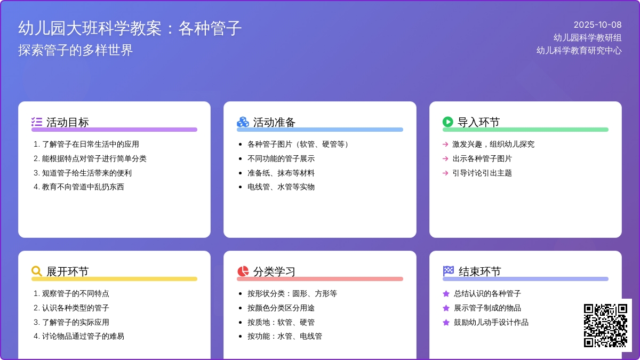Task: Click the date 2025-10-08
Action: pyautogui.click(x=597, y=25)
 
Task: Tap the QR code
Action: pyautogui.click(x=605, y=325)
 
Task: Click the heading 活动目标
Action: pyautogui.click(x=68, y=122)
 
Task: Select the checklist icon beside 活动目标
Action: pyautogui.click(x=37, y=122)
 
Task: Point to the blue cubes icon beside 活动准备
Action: pyautogui.click(x=243, y=122)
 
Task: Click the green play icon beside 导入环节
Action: pyautogui.click(x=448, y=122)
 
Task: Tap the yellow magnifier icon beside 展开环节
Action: pyautogui.click(x=37, y=271)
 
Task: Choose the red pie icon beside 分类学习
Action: pyautogui.click(x=243, y=271)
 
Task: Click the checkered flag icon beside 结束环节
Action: pyautogui.click(x=448, y=271)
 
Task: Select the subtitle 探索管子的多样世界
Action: pyautogui.click(x=75, y=50)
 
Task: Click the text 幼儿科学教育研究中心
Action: pyautogui.click(x=579, y=51)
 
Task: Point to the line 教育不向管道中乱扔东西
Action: pyautogui.click(x=83, y=187)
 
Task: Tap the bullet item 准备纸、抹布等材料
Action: pyautogui.click(x=281, y=173)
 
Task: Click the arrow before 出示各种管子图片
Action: pyautogui.click(x=445, y=158)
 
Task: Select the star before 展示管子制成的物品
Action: pyautogui.click(x=446, y=308)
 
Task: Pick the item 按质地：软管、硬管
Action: pyautogui.click(x=281, y=322)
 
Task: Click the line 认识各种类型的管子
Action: pyautogui.click(x=75, y=308)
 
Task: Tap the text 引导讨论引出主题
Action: pyautogui.click(x=482, y=173)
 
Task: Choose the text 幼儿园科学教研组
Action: pyautogui.click(x=587, y=37)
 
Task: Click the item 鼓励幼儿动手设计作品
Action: pyautogui.click(x=491, y=322)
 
